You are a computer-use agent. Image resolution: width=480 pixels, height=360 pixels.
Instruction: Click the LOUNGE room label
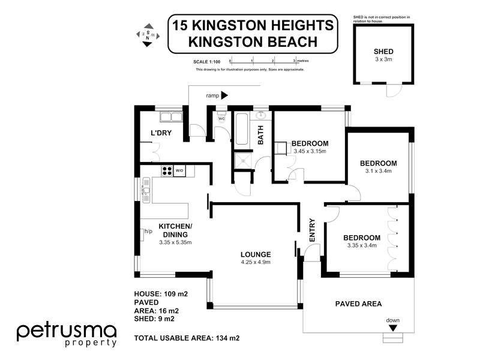coord(257,254)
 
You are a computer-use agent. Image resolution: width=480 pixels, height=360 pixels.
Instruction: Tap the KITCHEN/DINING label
coord(175,230)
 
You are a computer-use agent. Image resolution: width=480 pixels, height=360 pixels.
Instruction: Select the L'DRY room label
coord(161,133)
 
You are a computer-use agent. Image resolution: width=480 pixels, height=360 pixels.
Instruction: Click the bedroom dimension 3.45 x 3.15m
coord(310,151)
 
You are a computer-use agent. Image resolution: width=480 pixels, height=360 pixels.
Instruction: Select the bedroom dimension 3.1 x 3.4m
coord(379,171)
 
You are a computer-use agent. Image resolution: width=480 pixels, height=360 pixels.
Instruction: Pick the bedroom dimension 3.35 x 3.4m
coord(362,245)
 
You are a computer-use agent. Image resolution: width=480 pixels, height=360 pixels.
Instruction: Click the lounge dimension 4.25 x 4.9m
coord(257,262)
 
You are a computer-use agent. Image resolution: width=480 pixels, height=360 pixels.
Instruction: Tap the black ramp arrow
coord(225,95)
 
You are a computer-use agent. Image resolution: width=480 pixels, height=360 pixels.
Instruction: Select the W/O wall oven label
coord(179,172)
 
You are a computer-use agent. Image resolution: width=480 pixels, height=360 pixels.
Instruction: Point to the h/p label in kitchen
coord(148,232)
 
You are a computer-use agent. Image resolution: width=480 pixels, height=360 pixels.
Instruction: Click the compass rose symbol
coord(146,35)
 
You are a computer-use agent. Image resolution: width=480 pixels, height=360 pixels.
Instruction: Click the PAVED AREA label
coord(358,304)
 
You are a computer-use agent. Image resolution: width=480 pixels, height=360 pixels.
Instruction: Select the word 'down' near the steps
coord(392,320)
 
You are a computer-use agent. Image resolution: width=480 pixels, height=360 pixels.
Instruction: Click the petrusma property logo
coord(66,335)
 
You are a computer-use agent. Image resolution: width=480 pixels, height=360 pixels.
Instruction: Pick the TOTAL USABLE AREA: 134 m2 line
coord(187,338)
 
